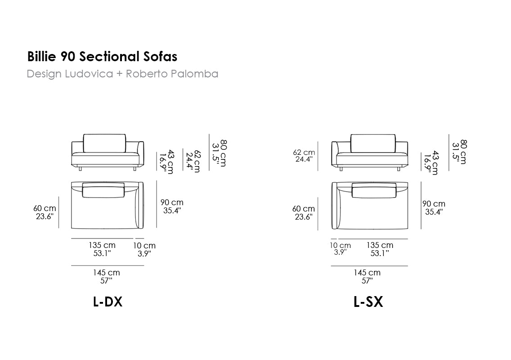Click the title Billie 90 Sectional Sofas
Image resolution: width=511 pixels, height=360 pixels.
click(102, 56)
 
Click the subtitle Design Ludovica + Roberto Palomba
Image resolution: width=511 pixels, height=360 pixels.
click(122, 74)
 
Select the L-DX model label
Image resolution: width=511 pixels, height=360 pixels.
click(108, 302)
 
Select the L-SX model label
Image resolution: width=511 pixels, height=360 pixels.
click(368, 302)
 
